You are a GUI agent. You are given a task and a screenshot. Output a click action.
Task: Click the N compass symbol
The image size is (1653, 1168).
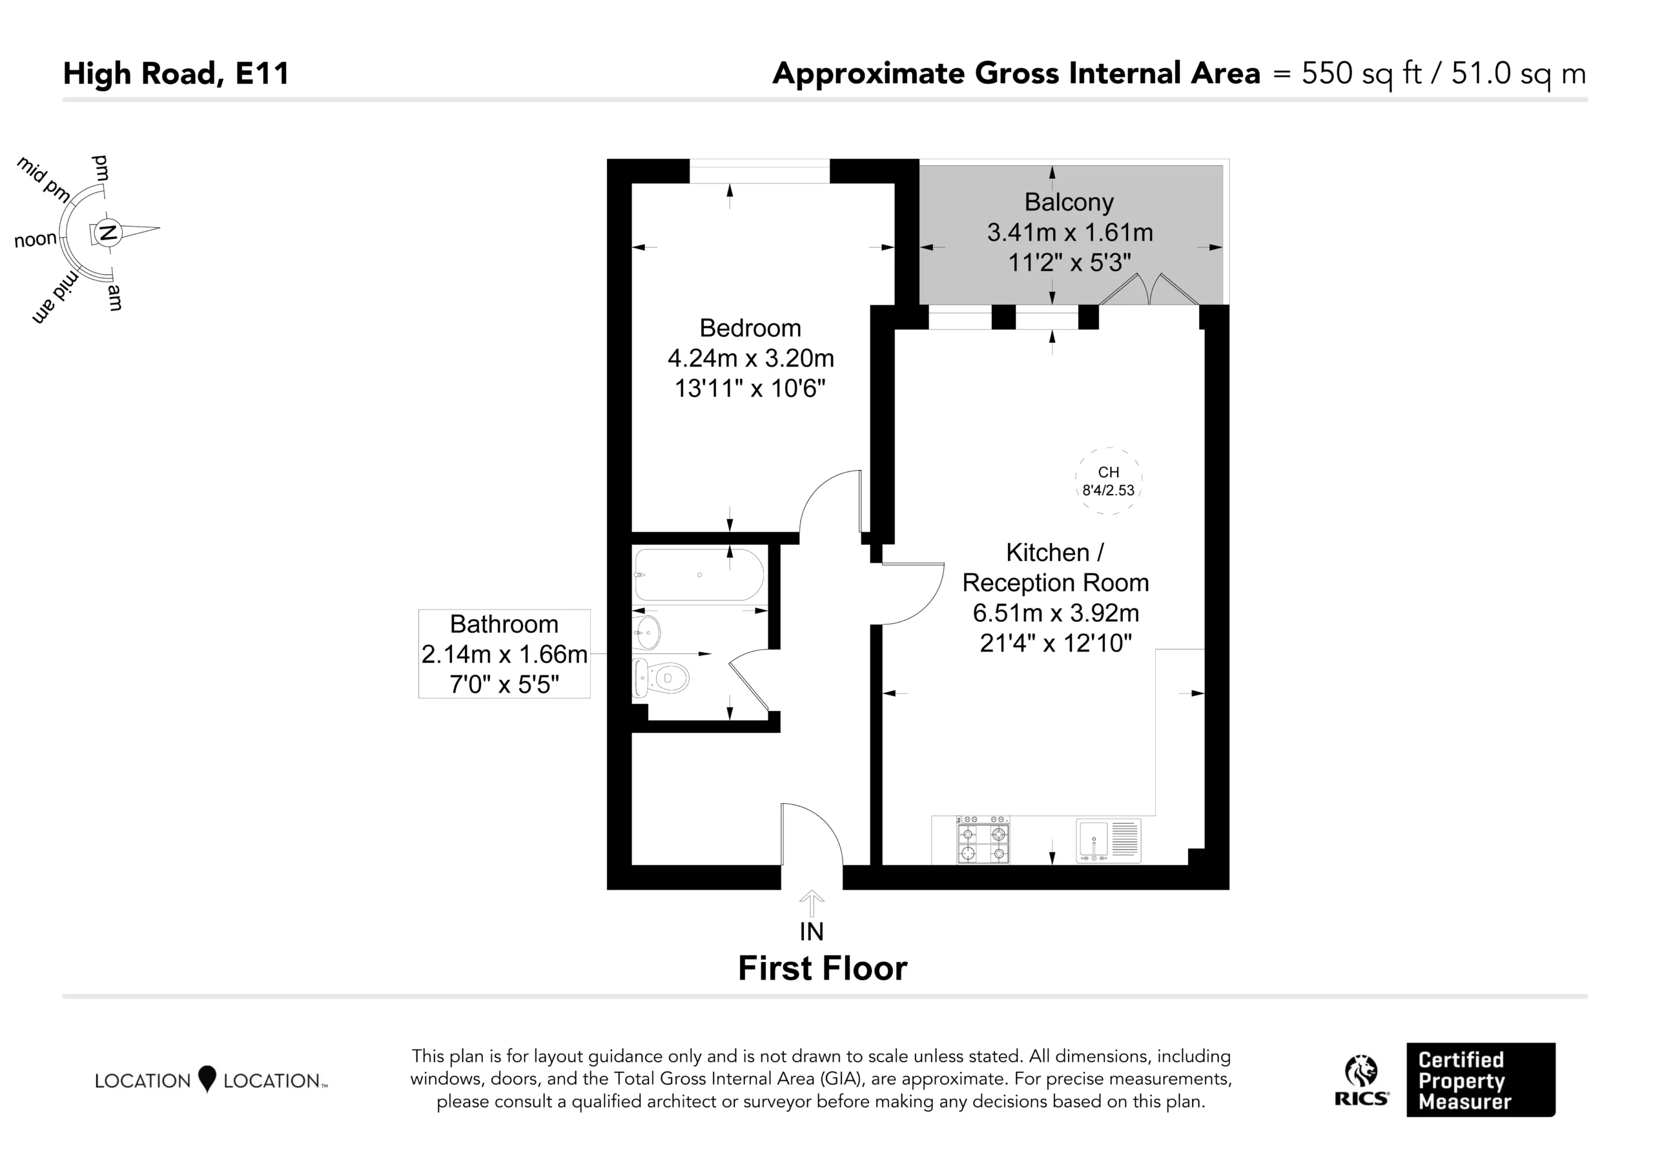click(108, 232)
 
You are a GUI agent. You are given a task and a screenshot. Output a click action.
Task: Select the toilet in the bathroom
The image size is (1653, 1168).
click(661, 677)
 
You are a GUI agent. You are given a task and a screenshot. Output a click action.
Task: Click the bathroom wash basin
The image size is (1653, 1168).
click(646, 633)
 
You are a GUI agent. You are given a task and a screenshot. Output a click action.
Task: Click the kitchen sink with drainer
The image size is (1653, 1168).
click(1109, 841)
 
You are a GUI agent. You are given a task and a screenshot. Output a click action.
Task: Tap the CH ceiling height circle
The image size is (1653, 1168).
click(1109, 481)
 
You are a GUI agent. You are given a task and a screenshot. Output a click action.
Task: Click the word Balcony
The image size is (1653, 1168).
click(1069, 202)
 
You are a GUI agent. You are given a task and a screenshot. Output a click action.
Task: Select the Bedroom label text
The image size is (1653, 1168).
click(750, 329)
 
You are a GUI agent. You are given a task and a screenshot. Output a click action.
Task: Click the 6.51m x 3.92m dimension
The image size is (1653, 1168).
click(1056, 613)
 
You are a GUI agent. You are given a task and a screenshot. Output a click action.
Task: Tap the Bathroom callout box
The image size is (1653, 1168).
click(505, 654)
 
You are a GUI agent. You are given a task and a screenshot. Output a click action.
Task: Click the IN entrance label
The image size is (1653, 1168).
click(812, 932)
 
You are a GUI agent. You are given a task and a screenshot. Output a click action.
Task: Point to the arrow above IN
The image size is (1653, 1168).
click(812, 904)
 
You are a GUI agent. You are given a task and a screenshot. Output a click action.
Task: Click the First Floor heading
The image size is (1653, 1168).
click(823, 968)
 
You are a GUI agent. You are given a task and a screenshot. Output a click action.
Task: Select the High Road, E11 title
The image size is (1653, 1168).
click(176, 74)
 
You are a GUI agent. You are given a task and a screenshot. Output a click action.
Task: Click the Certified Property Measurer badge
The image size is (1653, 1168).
click(1481, 1080)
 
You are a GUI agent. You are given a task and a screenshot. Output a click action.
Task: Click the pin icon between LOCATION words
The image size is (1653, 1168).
click(207, 1079)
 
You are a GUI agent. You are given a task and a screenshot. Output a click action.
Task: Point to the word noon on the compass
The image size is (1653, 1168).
click(36, 239)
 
